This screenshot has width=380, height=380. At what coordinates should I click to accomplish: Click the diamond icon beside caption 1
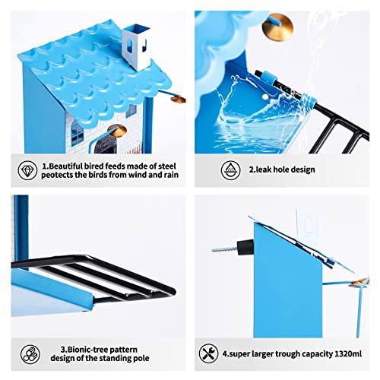click(27, 170)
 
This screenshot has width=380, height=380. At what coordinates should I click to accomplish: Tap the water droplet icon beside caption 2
click(230, 170)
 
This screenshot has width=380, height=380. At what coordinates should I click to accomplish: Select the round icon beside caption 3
click(30, 354)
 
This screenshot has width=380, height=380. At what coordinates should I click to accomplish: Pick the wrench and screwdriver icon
click(209, 353)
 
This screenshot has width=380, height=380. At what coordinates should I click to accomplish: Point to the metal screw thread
click(224, 249)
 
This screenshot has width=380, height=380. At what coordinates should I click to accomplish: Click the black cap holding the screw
click(245, 248)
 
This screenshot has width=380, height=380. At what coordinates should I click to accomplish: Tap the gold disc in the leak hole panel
click(277, 27)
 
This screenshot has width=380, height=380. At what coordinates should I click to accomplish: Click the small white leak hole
click(265, 97)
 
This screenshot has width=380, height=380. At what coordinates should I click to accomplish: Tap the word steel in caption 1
click(167, 166)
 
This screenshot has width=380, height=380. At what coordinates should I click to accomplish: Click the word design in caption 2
click(302, 169)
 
